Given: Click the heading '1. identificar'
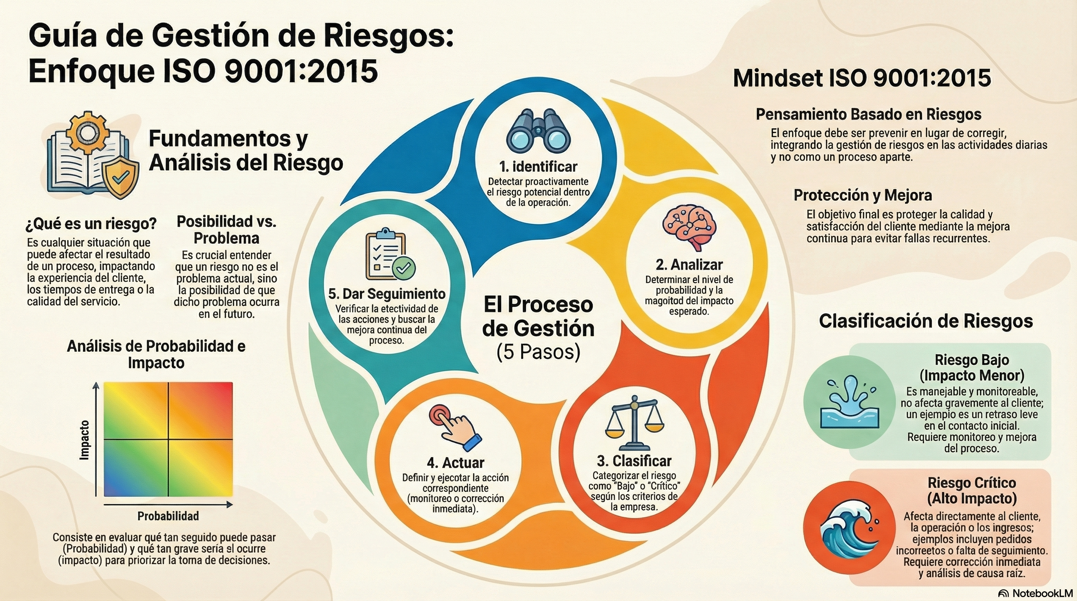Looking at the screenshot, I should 538,167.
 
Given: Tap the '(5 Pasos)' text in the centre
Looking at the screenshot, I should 538,352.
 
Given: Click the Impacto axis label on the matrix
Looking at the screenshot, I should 85,440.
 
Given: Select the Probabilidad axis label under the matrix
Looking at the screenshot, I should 168,516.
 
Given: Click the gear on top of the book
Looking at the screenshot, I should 86,132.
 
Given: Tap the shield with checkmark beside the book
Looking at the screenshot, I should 121,178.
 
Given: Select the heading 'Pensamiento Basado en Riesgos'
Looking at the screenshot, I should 868,115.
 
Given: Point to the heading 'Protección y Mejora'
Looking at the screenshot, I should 862,195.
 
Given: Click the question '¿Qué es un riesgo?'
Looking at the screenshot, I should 91,224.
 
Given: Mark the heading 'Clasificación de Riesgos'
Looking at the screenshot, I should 926,321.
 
